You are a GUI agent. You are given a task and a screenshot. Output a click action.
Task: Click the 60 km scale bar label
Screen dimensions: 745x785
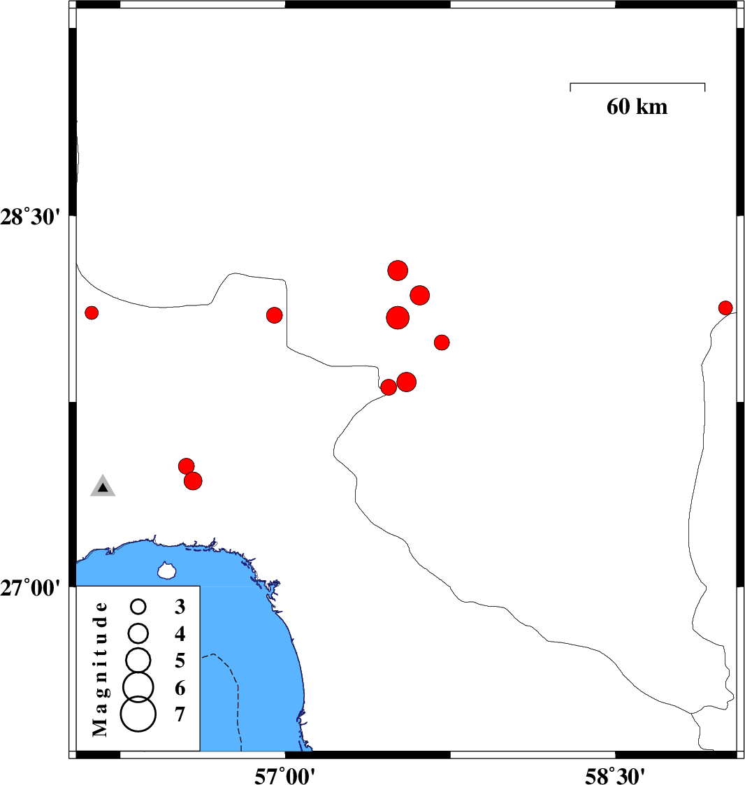pyautogui.click(x=637, y=107)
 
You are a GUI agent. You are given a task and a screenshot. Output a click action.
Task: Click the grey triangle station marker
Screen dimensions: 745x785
pyautogui.click(x=103, y=486)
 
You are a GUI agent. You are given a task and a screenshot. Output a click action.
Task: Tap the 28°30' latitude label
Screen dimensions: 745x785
pyautogui.click(x=30, y=218)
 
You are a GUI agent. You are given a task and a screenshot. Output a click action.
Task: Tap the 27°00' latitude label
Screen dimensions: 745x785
pyautogui.click(x=30, y=588)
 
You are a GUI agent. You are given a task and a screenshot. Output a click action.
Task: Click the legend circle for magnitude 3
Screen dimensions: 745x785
pyautogui.click(x=138, y=607)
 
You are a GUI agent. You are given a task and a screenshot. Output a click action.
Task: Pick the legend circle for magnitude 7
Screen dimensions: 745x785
pyautogui.click(x=138, y=714)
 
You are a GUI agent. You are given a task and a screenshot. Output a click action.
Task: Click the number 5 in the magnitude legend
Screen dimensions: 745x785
pyautogui.click(x=180, y=661)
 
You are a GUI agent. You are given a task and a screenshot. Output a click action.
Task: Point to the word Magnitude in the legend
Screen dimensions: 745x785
pyautogui.click(x=100, y=670)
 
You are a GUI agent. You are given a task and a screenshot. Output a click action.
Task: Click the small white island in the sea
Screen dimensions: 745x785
pyautogui.click(x=166, y=570)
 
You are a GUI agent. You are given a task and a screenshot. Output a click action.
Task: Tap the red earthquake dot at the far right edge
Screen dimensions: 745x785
pyautogui.click(x=725, y=308)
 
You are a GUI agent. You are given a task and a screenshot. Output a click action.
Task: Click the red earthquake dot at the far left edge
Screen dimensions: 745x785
pyautogui.click(x=91, y=313)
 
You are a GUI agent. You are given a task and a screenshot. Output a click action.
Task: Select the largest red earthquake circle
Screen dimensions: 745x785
pyautogui.click(x=398, y=317)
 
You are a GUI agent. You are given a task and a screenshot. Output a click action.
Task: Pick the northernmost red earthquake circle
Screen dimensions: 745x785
pyautogui.click(x=398, y=271)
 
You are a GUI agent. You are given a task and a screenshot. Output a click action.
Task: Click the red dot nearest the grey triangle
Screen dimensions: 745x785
pyautogui.click(x=186, y=466)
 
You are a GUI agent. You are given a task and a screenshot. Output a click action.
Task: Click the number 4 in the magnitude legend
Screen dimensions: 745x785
pyautogui.click(x=180, y=634)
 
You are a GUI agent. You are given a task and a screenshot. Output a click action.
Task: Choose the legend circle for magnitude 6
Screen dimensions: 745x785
pyautogui.click(x=138, y=686)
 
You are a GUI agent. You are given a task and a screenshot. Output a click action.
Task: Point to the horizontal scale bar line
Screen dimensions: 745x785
pyautogui.click(x=637, y=83)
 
